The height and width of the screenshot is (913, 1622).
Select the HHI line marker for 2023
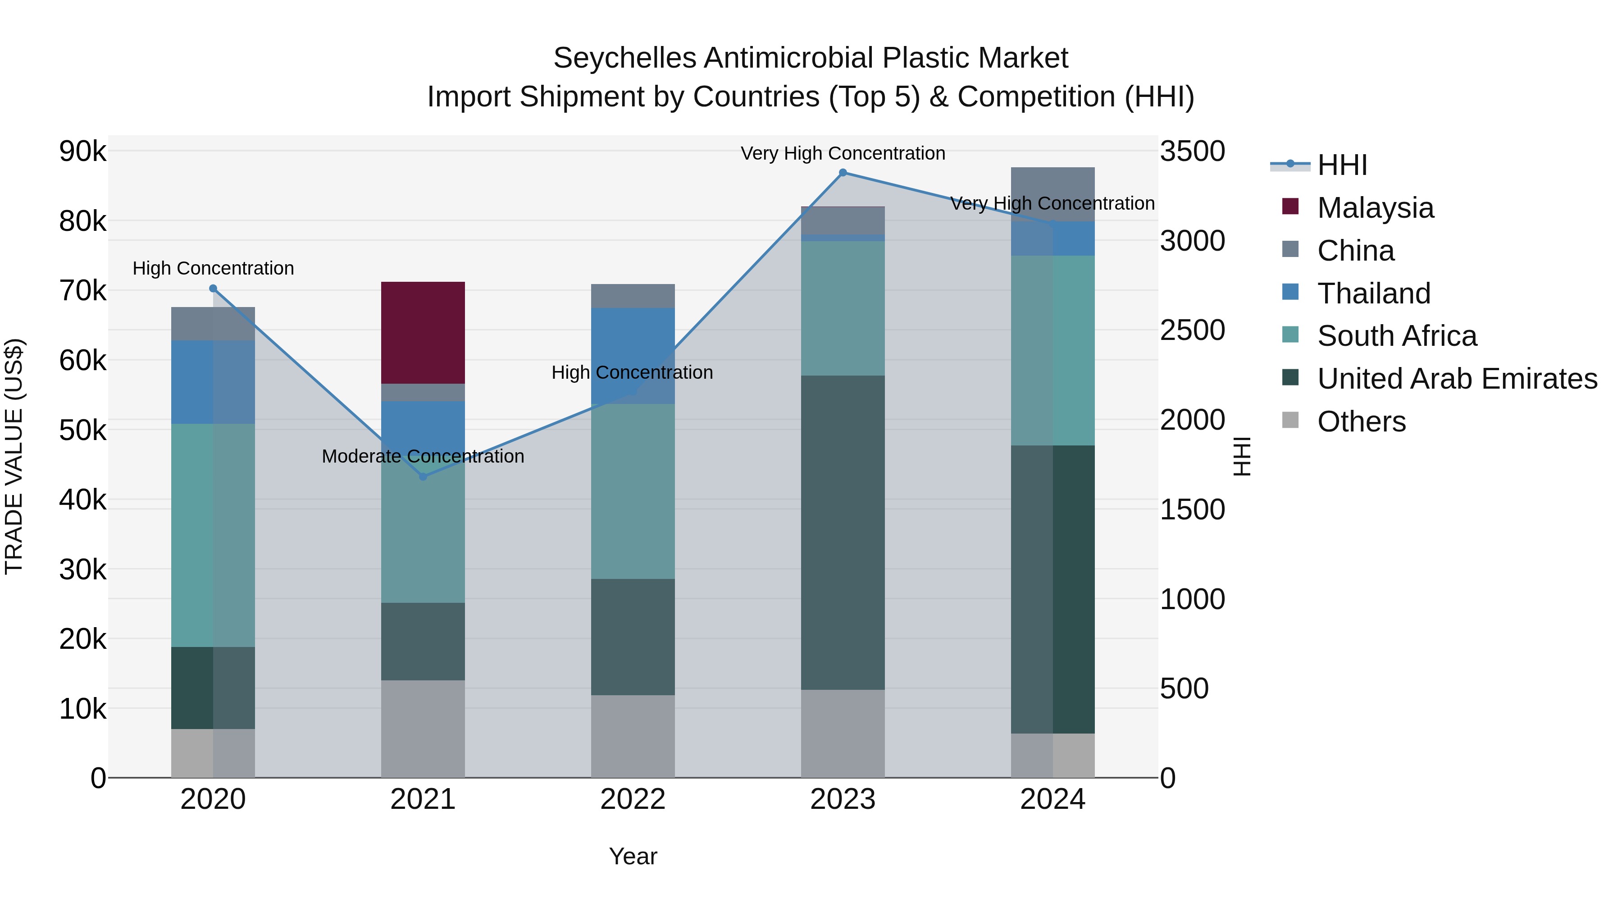843,173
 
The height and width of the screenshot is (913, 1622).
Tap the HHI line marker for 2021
423,477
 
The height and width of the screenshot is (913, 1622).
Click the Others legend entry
1361,422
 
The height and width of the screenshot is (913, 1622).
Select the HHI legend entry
1341,165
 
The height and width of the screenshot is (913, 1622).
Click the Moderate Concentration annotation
423,456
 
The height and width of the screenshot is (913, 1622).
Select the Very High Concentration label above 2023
843,153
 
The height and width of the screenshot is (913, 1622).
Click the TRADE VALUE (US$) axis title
14,456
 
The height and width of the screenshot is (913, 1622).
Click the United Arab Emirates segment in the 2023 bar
843,532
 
